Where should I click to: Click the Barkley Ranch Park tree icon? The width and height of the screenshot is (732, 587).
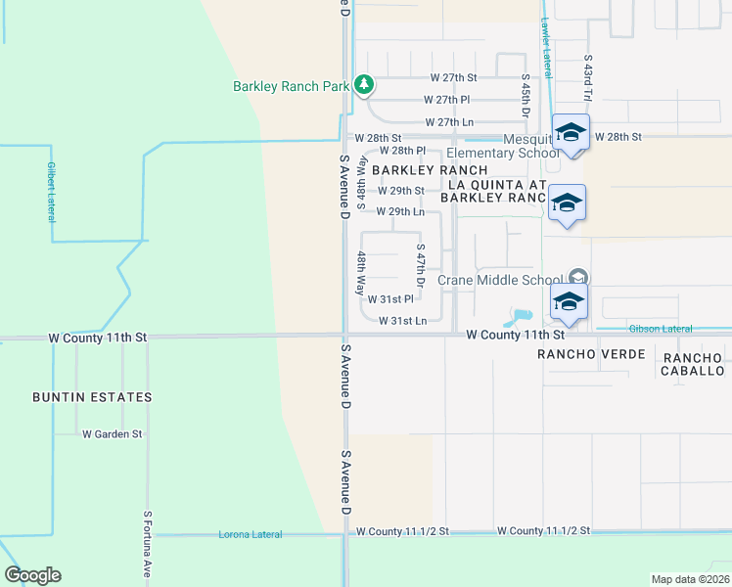point(364,86)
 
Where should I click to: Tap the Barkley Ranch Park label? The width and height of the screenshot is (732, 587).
point(291,86)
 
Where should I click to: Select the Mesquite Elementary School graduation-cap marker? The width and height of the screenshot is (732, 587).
point(570,131)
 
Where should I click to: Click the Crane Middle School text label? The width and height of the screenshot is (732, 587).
point(500,280)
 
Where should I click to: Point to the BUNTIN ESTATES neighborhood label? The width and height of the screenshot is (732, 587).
point(92,397)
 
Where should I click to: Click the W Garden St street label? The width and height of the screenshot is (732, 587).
point(113,433)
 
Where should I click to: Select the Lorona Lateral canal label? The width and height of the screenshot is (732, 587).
point(250,534)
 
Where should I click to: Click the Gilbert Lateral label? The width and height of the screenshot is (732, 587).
point(50,190)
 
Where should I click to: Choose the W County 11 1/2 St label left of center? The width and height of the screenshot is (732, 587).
point(402,531)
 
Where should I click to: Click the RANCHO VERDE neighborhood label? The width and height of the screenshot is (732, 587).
point(592,354)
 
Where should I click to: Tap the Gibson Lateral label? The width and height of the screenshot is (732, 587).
point(661,329)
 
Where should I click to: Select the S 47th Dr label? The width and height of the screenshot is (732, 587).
point(421,265)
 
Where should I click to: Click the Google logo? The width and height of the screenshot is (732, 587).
point(32,575)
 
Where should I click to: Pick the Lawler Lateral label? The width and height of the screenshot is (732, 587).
point(545,50)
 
